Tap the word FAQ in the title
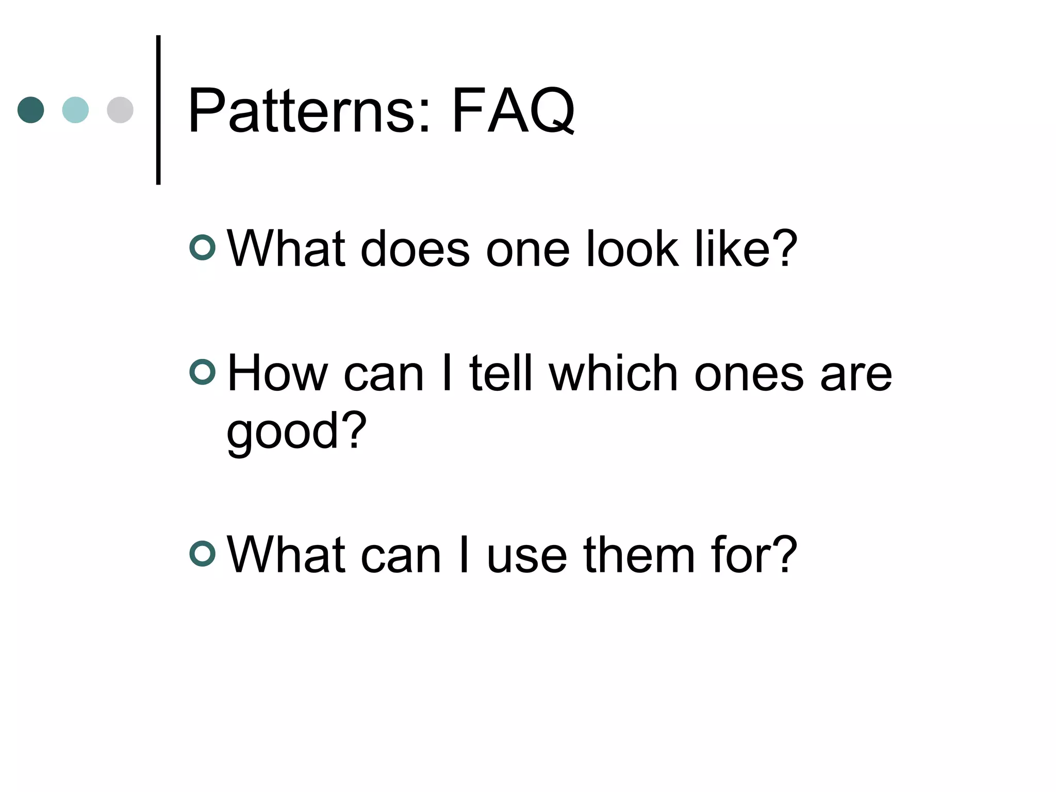coord(513,111)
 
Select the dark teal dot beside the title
coord(31,110)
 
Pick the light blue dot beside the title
coord(75,110)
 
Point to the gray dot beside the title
coord(120,110)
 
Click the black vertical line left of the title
coord(158,110)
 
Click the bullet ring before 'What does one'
coord(203,247)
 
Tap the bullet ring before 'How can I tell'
coord(203,372)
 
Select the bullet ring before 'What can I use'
coord(203,554)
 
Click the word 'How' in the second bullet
coord(277,374)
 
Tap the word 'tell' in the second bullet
coord(501,374)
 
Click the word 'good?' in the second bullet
coord(296,432)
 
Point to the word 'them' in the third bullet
coord(639,555)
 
